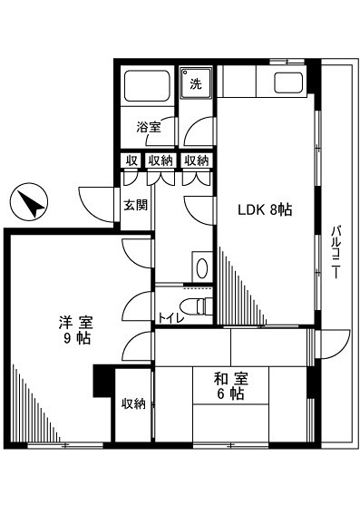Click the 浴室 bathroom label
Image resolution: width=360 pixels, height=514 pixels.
150,127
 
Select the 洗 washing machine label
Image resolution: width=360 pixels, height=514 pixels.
195,84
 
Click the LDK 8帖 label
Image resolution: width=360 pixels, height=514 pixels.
265,210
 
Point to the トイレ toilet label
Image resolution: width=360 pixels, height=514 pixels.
168,317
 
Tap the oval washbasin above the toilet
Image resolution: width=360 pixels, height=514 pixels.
201,268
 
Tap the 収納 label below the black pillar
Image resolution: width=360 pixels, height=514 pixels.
134,403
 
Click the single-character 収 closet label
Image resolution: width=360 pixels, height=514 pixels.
131,160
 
